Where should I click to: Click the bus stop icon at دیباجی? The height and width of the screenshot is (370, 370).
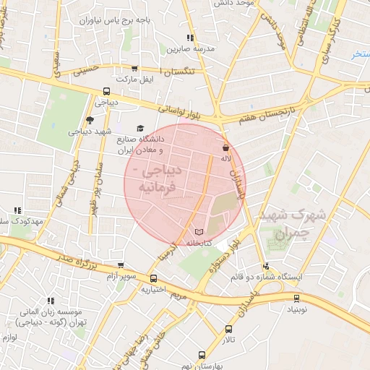(107, 92)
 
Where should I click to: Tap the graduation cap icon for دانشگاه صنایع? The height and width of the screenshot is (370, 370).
(140, 128)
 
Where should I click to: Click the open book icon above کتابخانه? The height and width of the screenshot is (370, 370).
(199, 232)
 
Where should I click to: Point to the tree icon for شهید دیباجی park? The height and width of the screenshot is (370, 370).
(90, 121)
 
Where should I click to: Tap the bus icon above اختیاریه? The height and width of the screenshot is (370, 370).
(153, 279)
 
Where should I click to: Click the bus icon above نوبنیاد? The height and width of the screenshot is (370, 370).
(296, 298)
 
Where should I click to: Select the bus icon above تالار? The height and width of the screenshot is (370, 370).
(229, 329)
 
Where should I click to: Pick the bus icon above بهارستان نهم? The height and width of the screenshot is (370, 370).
(202, 356)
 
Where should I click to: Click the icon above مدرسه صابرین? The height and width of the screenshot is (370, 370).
(189, 38)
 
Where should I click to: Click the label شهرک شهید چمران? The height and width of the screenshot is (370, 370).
(302, 224)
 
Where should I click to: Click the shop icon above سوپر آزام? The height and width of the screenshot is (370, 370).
(120, 265)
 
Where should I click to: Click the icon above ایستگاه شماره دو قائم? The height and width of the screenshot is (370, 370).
(267, 265)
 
